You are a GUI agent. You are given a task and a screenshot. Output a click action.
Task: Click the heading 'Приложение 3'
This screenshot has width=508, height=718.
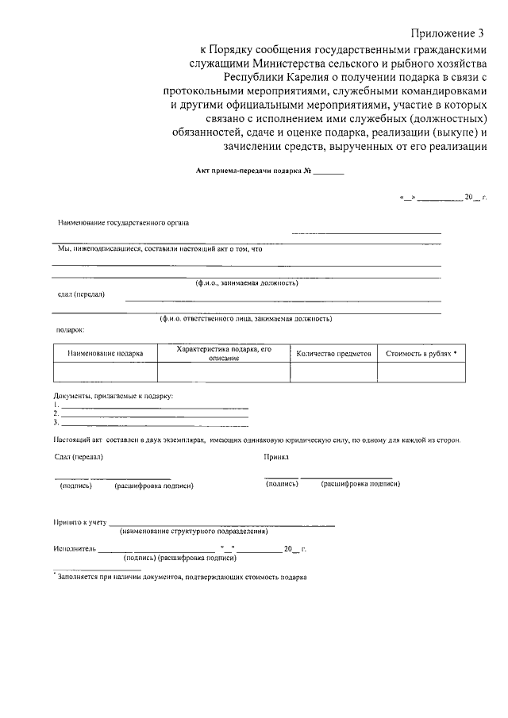pyautogui.click(x=447, y=33)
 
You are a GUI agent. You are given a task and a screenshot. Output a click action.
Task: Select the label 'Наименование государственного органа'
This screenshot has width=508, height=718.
pyautogui.click(x=123, y=223)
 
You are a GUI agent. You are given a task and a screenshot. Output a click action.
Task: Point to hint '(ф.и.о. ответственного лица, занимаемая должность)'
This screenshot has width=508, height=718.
pyautogui.click(x=245, y=319)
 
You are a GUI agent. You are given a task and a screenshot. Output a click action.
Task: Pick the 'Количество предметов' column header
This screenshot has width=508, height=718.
pyautogui.click(x=333, y=354)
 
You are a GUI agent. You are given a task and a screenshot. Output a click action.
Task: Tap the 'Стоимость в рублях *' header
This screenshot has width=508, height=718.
pyautogui.click(x=421, y=354)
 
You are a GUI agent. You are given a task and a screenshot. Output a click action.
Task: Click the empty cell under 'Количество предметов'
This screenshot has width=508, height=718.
pyautogui.click(x=333, y=372)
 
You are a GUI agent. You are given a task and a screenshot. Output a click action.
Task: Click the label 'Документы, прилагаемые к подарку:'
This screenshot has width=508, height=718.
pyautogui.click(x=114, y=396)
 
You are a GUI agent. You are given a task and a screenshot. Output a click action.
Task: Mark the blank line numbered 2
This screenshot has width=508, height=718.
pyautogui.click(x=155, y=415)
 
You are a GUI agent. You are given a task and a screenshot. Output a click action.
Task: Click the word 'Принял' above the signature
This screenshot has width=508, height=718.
pyautogui.click(x=275, y=457)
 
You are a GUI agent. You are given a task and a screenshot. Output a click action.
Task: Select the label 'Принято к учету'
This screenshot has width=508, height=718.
pyautogui.click(x=79, y=524)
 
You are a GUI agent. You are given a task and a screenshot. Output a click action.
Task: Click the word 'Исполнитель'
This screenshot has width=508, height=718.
pyautogui.click(x=75, y=548)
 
